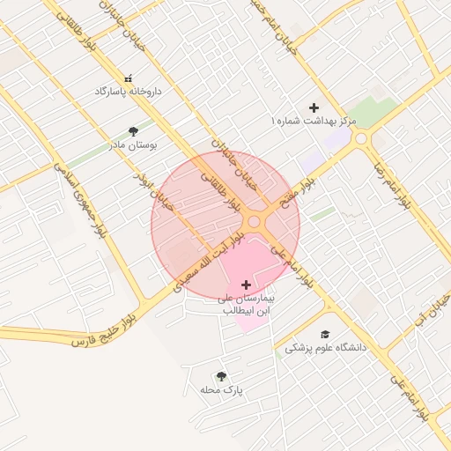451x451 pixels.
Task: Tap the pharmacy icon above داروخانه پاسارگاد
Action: [x=129, y=78]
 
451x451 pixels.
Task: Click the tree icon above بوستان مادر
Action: [x=133, y=131]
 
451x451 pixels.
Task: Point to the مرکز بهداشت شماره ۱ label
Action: [x=314, y=121]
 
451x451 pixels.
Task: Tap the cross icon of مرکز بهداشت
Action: [x=314, y=107]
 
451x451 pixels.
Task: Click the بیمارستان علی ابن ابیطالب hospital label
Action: [x=245, y=304]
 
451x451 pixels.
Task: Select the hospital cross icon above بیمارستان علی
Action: [x=245, y=285]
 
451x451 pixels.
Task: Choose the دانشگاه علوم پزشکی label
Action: [x=325, y=348]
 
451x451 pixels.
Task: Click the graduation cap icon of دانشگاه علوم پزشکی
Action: [x=325, y=334]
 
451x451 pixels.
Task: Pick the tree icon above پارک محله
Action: [x=220, y=376]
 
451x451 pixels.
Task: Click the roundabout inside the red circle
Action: [x=258, y=222]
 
